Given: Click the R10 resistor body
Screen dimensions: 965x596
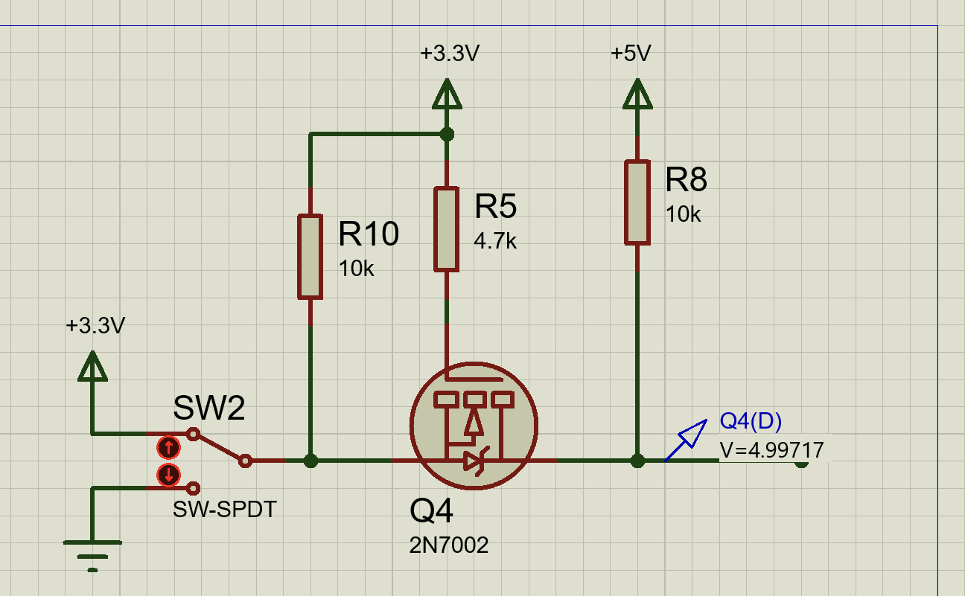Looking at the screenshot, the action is pyautogui.click(x=310, y=257).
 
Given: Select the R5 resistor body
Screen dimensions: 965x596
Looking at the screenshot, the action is pyautogui.click(x=446, y=229).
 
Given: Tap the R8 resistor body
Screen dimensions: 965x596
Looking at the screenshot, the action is pyautogui.click(x=637, y=202).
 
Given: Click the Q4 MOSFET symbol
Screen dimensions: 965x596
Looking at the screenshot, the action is pyautogui.click(x=474, y=426).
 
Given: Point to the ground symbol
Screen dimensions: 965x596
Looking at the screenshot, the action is pyautogui.click(x=92, y=556).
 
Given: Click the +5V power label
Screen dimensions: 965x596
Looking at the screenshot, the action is pyautogui.click(x=631, y=54).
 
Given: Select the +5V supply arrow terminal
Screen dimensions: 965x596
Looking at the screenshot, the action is pyautogui.click(x=637, y=94).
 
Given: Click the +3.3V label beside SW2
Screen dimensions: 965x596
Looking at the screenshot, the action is pyautogui.click(x=95, y=326).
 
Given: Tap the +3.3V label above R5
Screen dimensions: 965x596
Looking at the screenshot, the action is pyautogui.click(x=450, y=54).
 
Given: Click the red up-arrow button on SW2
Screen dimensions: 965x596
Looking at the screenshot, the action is pyautogui.click(x=168, y=447).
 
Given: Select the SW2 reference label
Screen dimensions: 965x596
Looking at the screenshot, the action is pyautogui.click(x=209, y=408).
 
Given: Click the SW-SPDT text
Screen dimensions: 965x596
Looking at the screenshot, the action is pyautogui.click(x=224, y=510).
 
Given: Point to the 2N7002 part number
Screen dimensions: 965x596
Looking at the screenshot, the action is pyautogui.click(x=449, y=545).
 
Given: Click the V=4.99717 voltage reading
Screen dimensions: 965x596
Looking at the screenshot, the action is pyautogui.click(x=771, y=450).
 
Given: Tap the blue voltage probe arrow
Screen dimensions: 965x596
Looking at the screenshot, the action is pyautogui.click(x=686, y=440).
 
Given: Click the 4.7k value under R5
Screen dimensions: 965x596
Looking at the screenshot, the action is pyautogui.click(x=495, y=241).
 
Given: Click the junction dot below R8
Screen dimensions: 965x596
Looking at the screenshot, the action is pyautogui.click(x=637, y=461).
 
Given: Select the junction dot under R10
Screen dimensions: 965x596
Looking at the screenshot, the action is pyautogui.click(x=310, y=461).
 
